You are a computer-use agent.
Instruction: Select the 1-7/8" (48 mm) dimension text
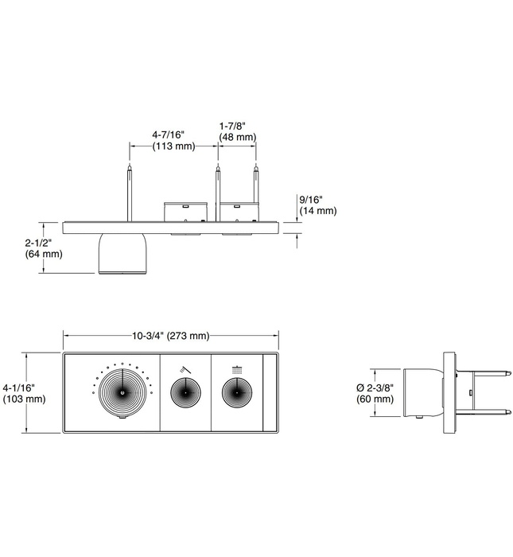238,131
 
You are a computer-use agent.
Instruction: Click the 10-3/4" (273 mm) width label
172,336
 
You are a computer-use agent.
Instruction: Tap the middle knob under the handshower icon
185,392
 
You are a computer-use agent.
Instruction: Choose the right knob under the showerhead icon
236,392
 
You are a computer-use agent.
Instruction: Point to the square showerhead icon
236,368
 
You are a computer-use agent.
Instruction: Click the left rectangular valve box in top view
185,212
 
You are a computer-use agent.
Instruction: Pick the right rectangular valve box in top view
240,212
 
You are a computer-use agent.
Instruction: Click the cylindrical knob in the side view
422,392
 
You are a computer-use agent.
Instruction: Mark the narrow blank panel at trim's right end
269,393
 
